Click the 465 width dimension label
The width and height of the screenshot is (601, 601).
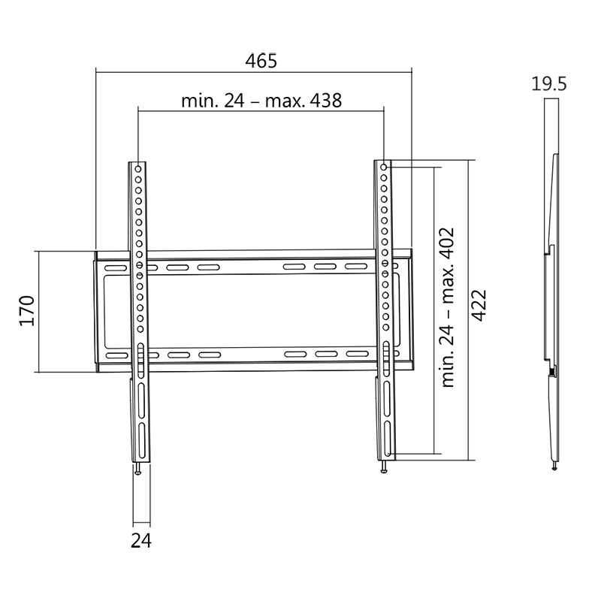pos(261,62)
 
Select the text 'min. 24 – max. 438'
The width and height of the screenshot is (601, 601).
pos(261,101)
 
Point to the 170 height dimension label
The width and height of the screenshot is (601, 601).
pos(27,311)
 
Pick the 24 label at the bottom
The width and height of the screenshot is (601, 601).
pos(141,540)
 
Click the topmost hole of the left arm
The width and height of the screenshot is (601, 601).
pos(139,167)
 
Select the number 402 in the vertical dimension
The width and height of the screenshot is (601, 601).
pos(449,243)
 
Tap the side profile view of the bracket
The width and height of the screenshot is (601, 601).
pos(551,300)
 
